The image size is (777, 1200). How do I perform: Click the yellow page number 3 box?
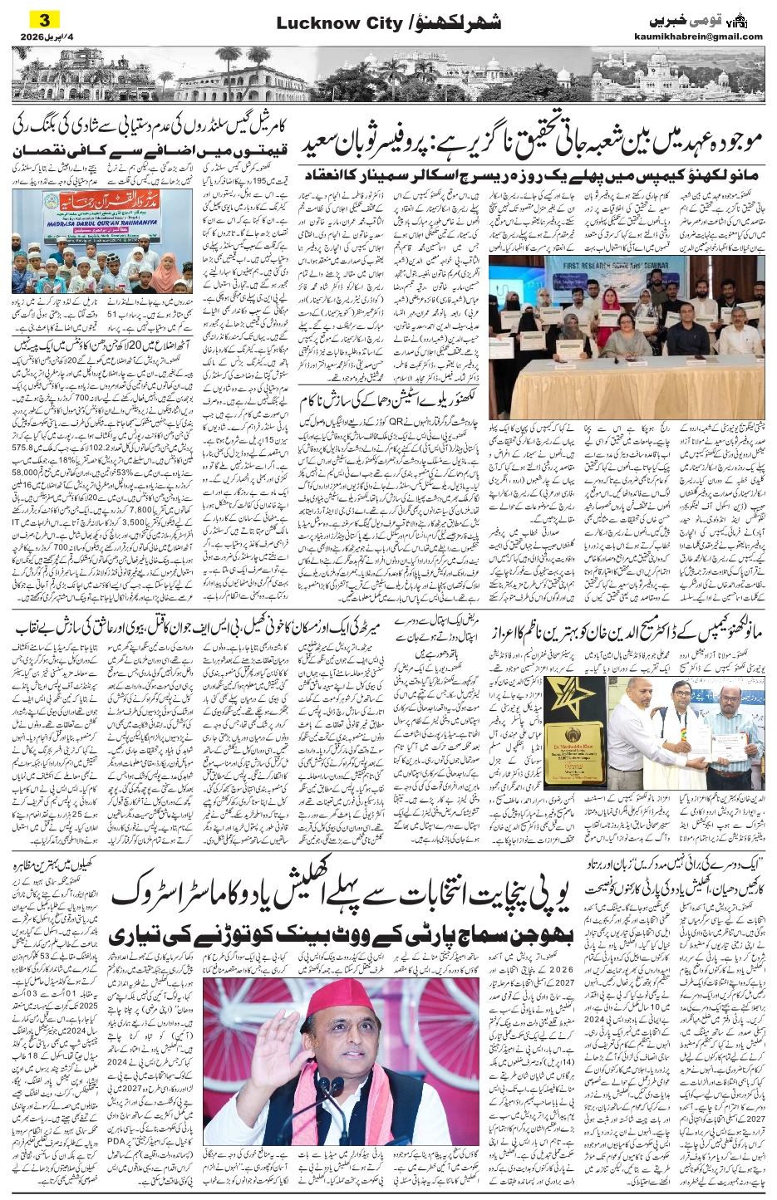[x=45, y=19]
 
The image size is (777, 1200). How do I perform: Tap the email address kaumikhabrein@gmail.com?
[x=707, y=37]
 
